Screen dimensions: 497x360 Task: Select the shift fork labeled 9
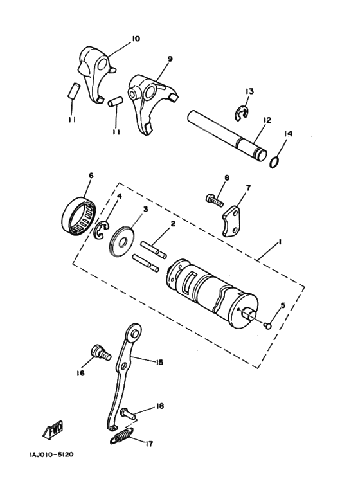point(149,100)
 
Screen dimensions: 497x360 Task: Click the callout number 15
point(159,363)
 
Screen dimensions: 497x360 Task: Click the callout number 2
point(172,224)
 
